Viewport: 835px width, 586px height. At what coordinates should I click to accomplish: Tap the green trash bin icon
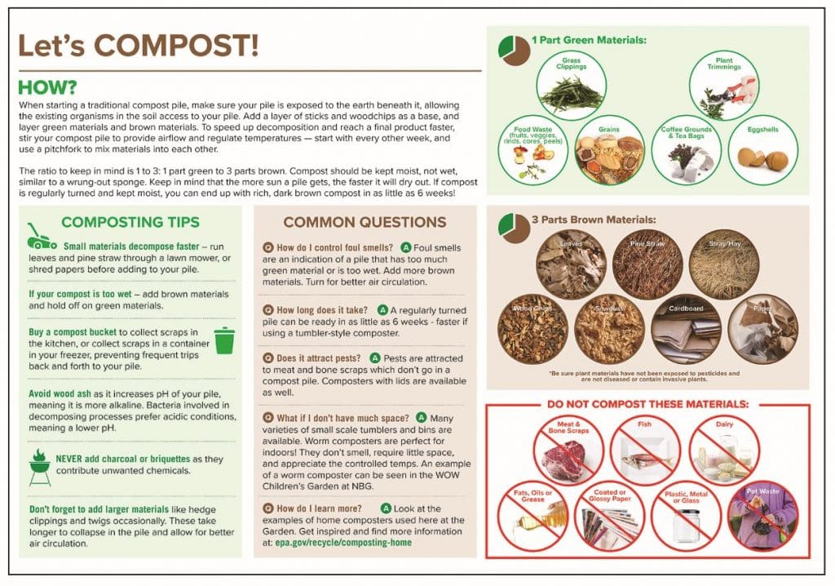click(223, 340)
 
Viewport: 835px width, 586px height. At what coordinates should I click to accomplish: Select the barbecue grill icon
click(39, 466)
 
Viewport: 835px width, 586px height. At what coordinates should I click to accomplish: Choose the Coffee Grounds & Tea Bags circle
click(686, 149)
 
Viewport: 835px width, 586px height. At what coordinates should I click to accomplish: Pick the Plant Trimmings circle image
click(724, 86)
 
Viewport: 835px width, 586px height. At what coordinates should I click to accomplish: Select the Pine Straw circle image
click(647, 264)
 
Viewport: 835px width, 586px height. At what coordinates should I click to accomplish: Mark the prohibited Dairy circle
click(723, 451)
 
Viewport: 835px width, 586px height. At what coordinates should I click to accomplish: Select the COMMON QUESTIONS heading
click(364, 222)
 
